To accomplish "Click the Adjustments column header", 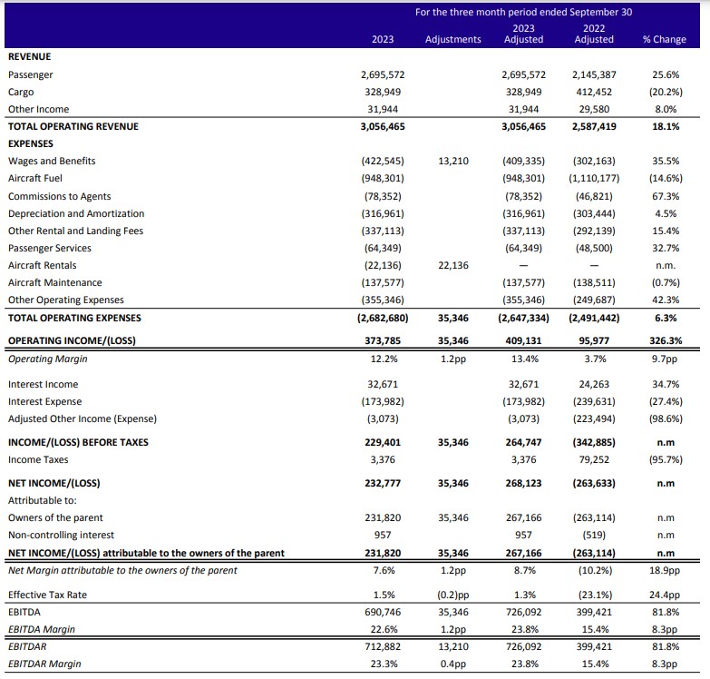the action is [452, 39].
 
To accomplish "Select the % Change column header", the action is [665, 39].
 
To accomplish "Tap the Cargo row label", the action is [21, 92].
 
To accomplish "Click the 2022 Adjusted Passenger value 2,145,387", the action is [594, 74].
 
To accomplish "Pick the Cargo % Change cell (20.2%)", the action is [666, 92].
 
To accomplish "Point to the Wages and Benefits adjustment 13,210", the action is [453, 161].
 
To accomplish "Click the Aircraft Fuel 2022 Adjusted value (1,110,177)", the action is [594, 178].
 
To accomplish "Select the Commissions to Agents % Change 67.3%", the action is [666, 196].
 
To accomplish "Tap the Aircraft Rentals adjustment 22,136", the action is [453, 265].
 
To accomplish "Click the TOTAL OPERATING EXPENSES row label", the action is [74, 318].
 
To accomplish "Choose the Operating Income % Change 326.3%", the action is [666, 340].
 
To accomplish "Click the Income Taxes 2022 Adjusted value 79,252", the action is [594, 459].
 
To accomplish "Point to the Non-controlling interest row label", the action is [61, 535].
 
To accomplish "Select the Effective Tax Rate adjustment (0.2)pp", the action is [453, 595].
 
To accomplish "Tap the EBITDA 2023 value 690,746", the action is [383, 612].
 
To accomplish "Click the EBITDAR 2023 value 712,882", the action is [383, 646].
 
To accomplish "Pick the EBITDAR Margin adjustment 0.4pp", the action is [453, 664].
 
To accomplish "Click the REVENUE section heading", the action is [29, 56].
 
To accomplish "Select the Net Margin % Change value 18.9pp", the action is [665, 570].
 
